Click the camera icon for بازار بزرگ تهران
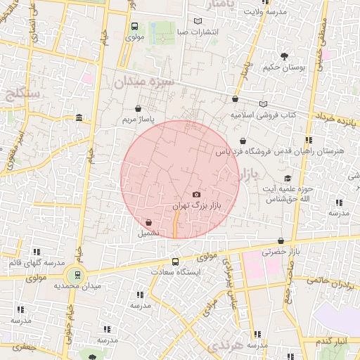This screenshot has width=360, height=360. (x=196, y=194)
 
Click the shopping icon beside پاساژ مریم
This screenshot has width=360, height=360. (x=138, y=109)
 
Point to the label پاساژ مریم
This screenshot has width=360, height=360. (x=137, y=120)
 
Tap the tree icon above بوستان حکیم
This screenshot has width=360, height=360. (x=284, y=56)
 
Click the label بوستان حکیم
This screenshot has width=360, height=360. (x=285, y=68)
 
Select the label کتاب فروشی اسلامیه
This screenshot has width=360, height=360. (x=263, y=115)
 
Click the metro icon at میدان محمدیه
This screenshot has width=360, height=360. (x=77, y=275)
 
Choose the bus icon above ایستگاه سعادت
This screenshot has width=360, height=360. (x=175, y=262)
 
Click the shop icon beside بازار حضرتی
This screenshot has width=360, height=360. (x=281, y=240)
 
